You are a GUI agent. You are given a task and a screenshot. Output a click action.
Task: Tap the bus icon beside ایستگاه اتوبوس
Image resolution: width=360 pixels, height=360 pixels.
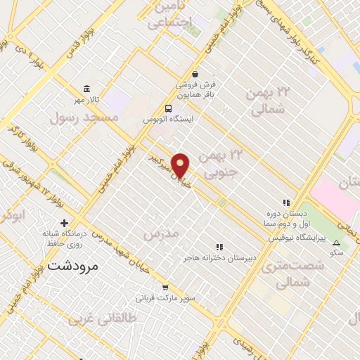pyautogui.click(x=168, y=108)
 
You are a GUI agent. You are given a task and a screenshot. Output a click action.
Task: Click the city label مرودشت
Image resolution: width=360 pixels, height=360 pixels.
pyautogui.click(x=75, y=267)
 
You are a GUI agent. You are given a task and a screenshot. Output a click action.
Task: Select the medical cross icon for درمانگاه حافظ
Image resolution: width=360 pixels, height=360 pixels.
pyautogui.click(x=64, y=222)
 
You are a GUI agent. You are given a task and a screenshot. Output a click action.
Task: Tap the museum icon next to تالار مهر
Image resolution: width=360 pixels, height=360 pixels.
pyautogui.click(x=86, y=89)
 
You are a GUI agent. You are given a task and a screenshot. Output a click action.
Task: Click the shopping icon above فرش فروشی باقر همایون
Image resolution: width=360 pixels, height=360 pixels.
pyautogui.click(x=195, y=74)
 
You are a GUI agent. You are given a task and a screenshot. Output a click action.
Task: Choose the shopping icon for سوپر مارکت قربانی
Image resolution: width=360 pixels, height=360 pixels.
pyautogui.click(x=165, y=287)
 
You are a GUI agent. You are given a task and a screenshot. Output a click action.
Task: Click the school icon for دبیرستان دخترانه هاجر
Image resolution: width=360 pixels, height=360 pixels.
pyautogui.click(x=220, y=247)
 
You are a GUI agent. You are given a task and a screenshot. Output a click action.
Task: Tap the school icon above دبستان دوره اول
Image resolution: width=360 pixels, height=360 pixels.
pyautogui.click(x=286, y=202)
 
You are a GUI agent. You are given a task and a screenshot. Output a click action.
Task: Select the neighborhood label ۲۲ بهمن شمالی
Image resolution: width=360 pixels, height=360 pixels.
pyautogui.click(x=266, y=101)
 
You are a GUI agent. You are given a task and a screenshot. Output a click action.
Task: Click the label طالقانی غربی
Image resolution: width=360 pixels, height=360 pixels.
pyautogui.click(x=97, y=319)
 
